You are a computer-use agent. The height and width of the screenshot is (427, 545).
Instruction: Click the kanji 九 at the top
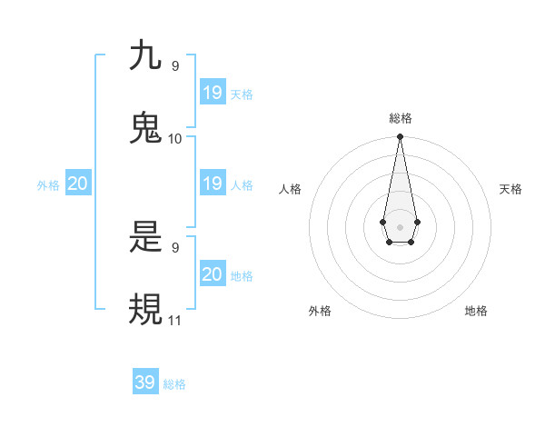click(x=145, y=55)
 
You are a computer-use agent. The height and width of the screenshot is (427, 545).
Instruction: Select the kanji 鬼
click(x=145, y=128)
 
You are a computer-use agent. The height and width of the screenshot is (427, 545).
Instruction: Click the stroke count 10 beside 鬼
click(x=175, y=138)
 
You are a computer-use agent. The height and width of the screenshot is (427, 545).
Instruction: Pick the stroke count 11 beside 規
click(x=175, y=320)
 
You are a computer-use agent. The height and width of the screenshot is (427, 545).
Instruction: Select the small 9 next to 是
click(x=175, y=247)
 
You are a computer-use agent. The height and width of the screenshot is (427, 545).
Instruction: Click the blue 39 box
click(x=145, y=382)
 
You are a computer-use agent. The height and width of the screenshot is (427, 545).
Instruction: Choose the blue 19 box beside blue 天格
click(x=213, y=93)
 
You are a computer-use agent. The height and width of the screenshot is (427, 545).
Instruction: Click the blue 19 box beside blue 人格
click(x=213, y=184)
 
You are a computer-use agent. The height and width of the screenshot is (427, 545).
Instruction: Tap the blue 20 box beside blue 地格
click(x=213, y=274)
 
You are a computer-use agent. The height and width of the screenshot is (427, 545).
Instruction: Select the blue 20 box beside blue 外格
click(x=78, y=184)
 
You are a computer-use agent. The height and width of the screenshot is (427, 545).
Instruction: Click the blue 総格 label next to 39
click(x=174, y=384)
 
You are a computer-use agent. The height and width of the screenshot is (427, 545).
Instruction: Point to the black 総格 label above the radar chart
click(x=401, y=119)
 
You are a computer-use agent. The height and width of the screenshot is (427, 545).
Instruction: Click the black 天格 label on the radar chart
click(x=510, y=189)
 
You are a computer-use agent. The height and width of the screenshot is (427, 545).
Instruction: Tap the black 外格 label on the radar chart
click(x=320, y=311)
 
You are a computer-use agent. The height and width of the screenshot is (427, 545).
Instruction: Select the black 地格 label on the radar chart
click(x=476, y=311)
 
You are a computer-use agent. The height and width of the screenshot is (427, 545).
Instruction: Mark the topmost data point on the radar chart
click(x=400, y=137)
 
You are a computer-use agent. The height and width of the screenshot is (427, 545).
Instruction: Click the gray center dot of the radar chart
click(x=400, y=225)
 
